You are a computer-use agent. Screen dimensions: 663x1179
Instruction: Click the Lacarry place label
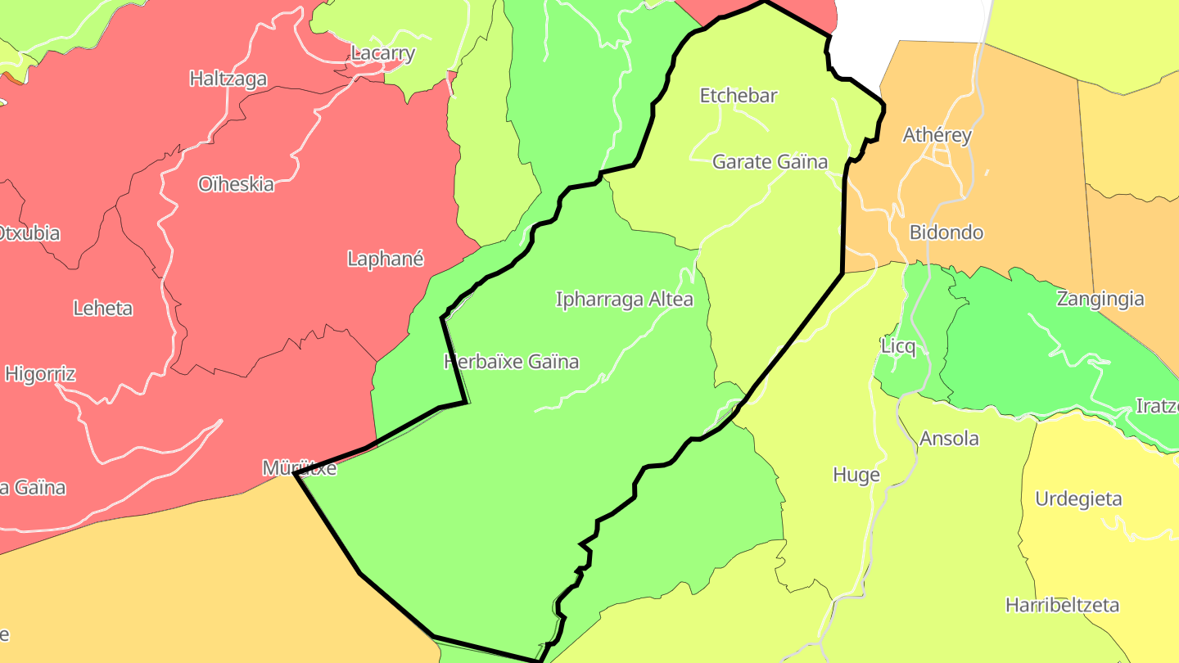pyautogui.click(x=382, y=54)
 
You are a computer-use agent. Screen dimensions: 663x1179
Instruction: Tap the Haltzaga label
pyautogui.click(x=228, y=79)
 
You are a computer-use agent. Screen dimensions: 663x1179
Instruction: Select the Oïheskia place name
pyautogui.click(x=236, y=184)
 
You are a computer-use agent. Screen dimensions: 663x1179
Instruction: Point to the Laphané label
pyautogui.click(x=386, y=259)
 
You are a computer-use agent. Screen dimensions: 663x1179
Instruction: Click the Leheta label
pyautogui.click(x=102, y=309)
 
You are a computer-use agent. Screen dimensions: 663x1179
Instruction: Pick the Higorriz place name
pyautogui.click(x=40, y=375)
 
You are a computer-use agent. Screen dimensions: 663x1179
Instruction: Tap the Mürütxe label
pyautogui.click(x=299, y=468)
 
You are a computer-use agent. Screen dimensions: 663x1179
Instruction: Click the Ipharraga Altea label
pyautogui.click(x=624, y=300)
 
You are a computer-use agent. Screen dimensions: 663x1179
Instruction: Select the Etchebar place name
pyautogui.click(x=738, y=96)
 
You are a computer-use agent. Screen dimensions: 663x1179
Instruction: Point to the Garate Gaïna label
pyautogui.click(x=770, y=162)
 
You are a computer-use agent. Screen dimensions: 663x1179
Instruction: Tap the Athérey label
pyautogui.click(x=937, y=136)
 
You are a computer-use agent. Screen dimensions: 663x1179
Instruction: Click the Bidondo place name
pyautogui.click(x=946, y=232)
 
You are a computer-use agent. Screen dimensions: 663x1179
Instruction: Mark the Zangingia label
pyautogui.click(x=1100, y=299)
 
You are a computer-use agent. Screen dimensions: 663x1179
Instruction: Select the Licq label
pyautogui.click(x=898, y=347)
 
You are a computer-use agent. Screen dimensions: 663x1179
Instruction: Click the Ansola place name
pyautogui.click(x=949, y=439)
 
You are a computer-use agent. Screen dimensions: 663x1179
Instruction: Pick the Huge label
pyautogui.click(x=856, y=475)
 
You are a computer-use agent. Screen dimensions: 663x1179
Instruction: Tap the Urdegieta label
pyautogui.click(x=1078, y=499)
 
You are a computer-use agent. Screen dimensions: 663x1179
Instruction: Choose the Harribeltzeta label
pyautogui.click(x=1062, y=606)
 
